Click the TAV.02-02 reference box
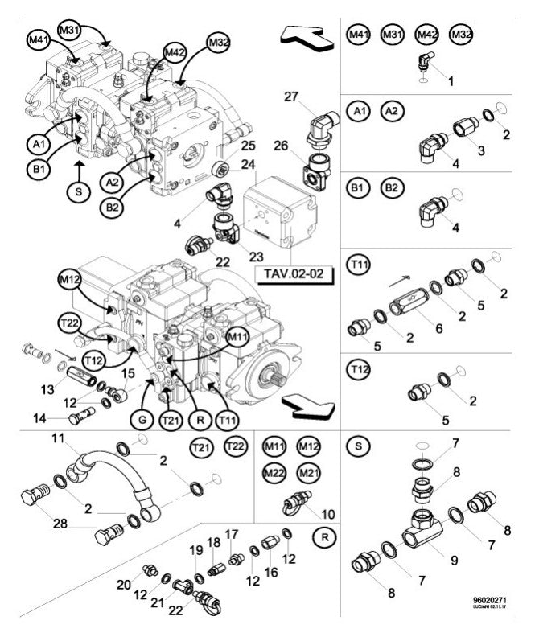click(x=293, y=274)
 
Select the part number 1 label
click(x=451, y=81)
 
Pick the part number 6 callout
click(x=438, y=330)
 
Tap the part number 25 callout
click(x=248, y=146)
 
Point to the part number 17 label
click(x=232, y=534)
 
